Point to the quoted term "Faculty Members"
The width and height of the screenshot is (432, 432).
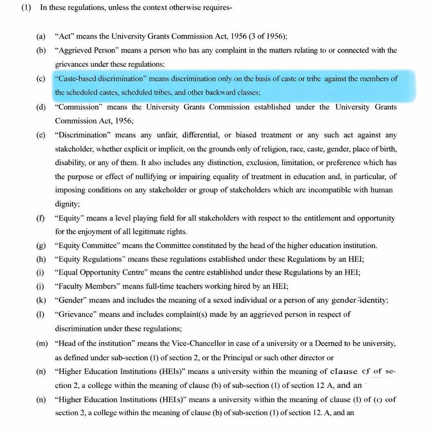87,286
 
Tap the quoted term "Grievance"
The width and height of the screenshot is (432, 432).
75,314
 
